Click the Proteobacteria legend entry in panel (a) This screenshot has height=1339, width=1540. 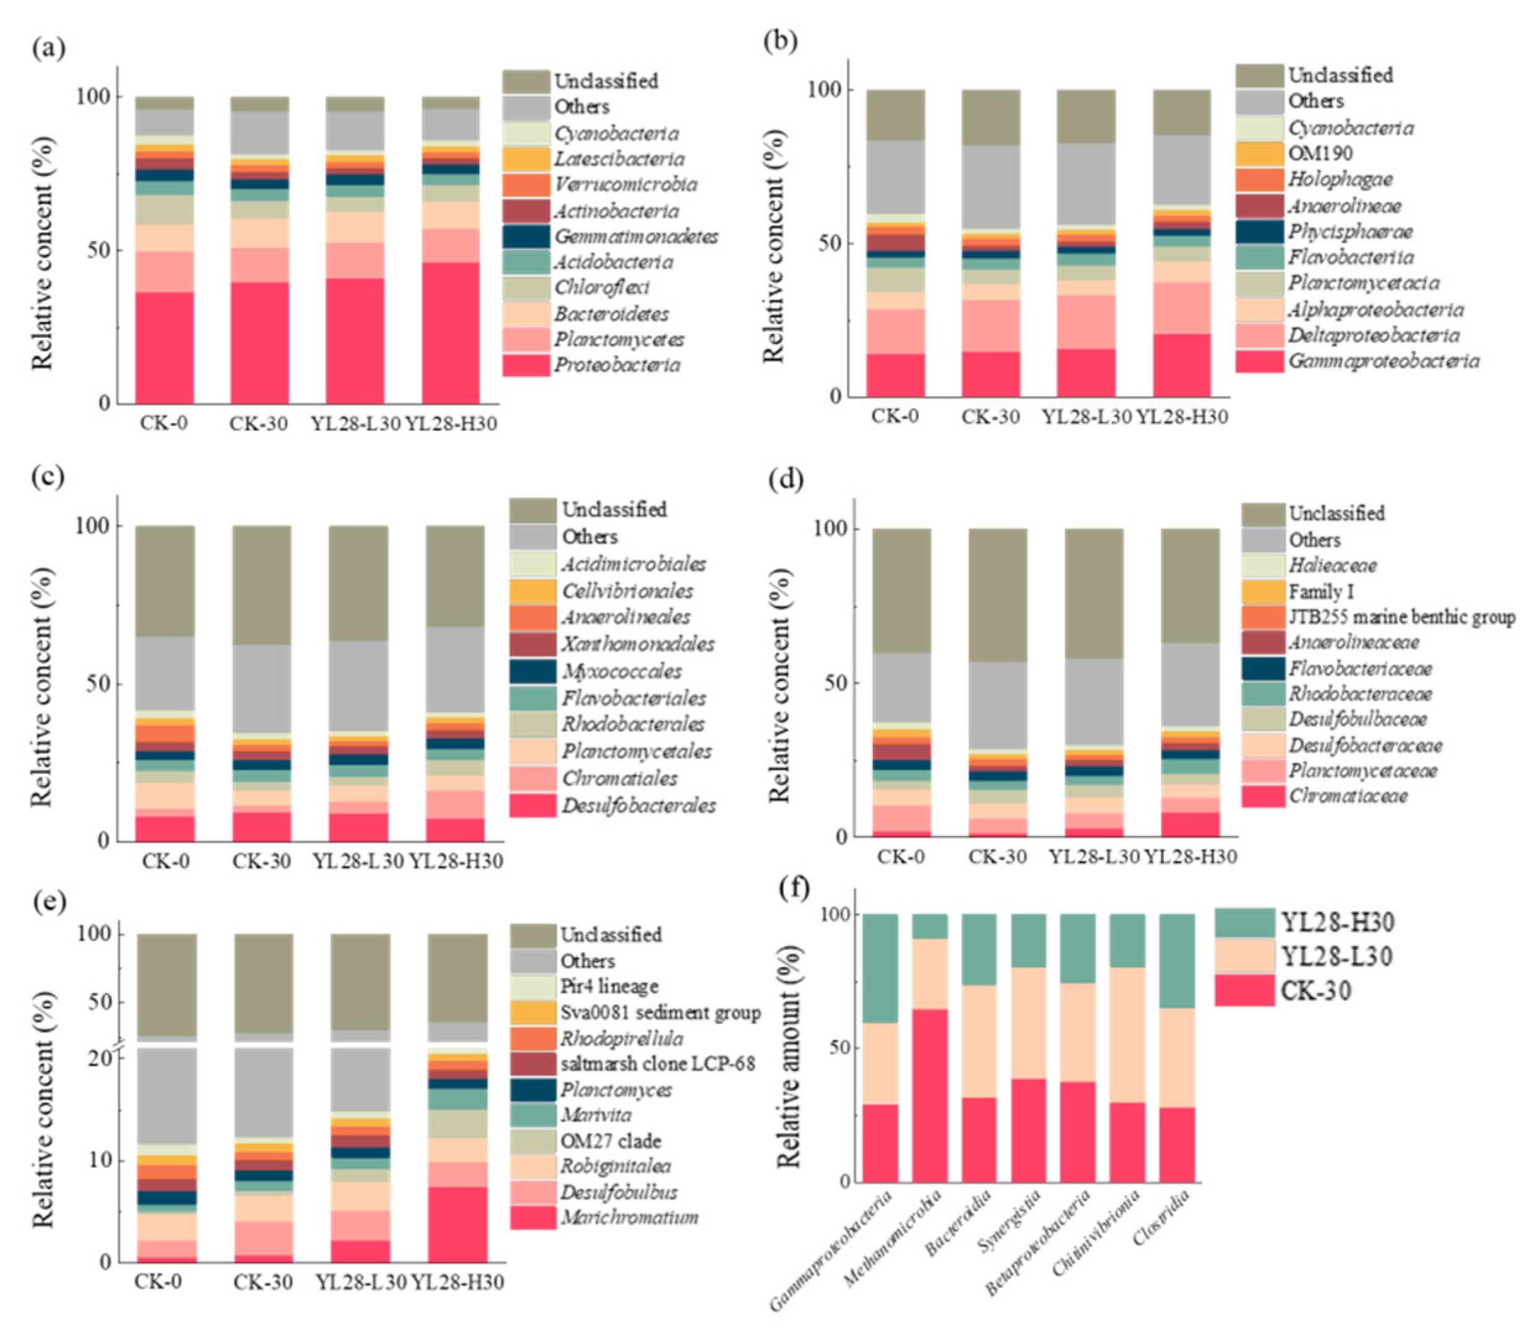(616, 364)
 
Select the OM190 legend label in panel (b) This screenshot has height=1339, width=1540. (1320, 154)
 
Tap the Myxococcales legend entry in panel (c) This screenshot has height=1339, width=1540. (621, 671)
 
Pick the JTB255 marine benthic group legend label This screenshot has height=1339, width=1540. (1401, 617)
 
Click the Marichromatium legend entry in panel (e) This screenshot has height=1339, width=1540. (629, 1218)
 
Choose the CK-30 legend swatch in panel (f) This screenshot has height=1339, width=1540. (1244, 991)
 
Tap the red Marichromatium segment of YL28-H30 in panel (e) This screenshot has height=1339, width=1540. (457, 1225)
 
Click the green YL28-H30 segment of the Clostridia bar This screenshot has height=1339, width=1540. (1177, 961)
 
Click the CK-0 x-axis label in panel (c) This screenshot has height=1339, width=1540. (165, 861)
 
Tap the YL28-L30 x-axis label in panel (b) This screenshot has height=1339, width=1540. (1087, 417)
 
